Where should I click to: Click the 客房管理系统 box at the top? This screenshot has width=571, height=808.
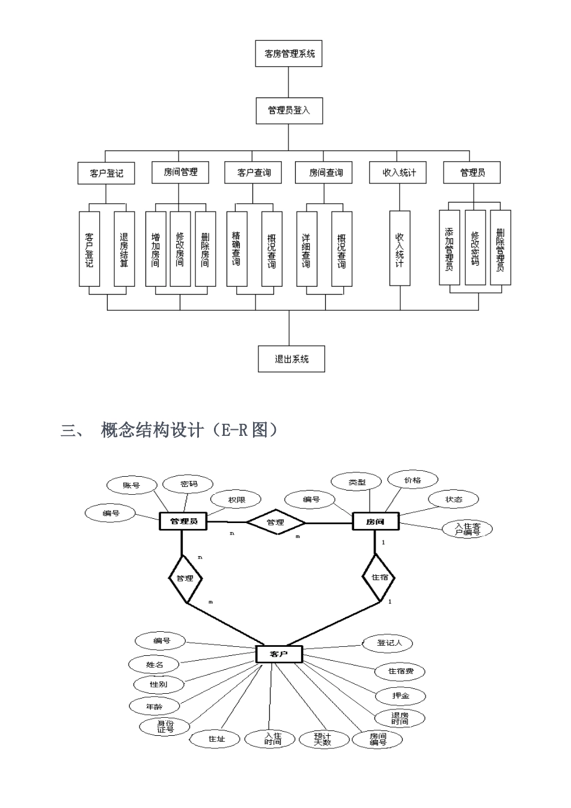[x=289, y=54]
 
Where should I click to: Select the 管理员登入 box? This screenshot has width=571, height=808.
[x=289, y=111]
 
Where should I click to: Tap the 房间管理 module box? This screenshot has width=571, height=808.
[x=180, y=173]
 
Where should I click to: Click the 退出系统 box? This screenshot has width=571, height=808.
[x=292, y=359]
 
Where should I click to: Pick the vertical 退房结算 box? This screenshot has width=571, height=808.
[x=124, y=249]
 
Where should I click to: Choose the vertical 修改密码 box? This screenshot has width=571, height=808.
[x=475, y=247]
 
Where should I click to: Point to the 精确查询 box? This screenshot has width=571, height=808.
[x=237, y=249]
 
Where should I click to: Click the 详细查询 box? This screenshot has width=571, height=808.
[x=307, y=249]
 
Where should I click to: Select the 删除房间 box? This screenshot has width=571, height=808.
[x=205, y=249]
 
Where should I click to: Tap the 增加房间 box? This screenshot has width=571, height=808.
[x=156, y=249]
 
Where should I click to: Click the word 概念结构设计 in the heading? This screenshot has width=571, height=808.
[x=153, y=430]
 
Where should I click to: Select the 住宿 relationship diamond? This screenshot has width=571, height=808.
[x=380, y=577]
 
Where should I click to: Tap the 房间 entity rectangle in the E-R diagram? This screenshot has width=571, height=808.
[x=375, y=521]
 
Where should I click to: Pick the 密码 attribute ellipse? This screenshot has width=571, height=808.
[x=189, y=484]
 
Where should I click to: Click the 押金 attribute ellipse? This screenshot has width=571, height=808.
[x=400, y=696]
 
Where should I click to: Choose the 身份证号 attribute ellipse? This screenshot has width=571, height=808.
[x=165, y=726]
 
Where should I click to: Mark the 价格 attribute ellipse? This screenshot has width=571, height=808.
[x=412, y=480]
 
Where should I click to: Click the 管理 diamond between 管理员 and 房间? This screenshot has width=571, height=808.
[x=276, y=522]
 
